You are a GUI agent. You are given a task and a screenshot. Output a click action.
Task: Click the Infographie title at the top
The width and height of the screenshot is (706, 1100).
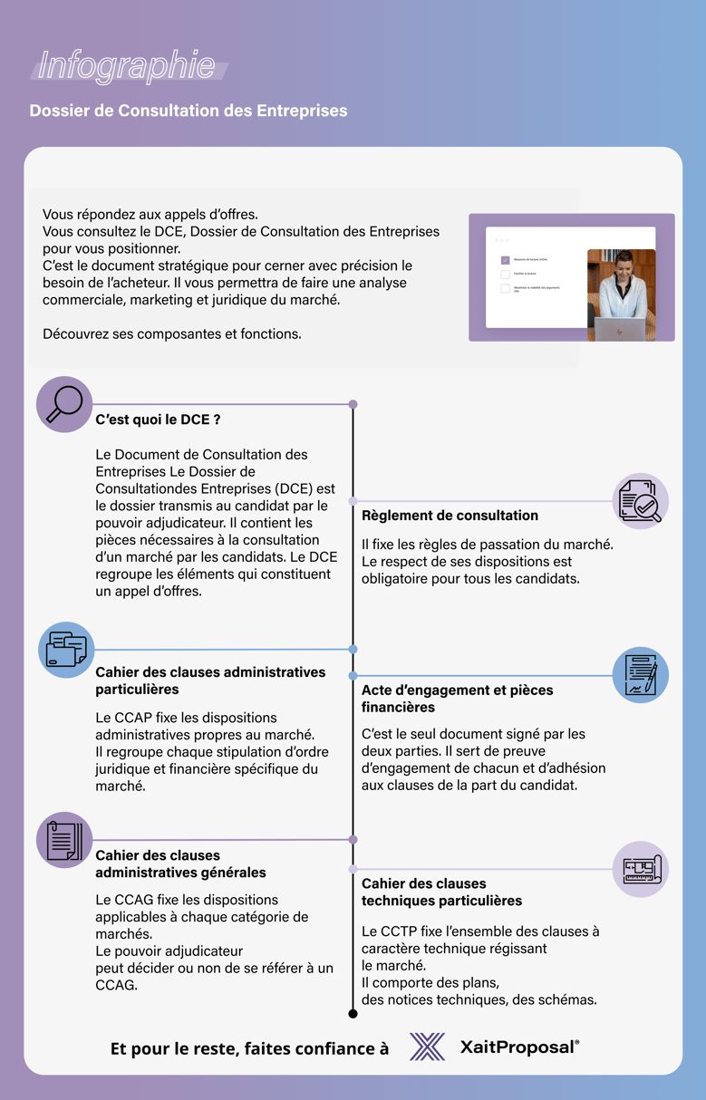pos(127,66)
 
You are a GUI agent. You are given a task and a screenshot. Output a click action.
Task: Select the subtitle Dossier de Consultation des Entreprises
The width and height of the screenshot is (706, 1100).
pos(189,111)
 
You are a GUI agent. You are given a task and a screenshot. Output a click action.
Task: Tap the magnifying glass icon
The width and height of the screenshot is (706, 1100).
pos(64,404)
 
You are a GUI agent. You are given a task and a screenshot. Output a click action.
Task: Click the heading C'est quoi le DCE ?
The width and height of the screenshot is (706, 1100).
pos(159,420)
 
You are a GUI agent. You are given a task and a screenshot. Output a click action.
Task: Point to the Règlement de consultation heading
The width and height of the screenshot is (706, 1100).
pos(450,516)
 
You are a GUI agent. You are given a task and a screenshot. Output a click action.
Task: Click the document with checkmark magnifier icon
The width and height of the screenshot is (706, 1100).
pos(641,501)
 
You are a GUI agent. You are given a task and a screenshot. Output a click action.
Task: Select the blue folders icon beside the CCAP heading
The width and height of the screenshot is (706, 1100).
pos(66,650)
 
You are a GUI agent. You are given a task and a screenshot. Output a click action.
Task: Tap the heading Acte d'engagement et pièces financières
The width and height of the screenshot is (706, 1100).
pos(457,698)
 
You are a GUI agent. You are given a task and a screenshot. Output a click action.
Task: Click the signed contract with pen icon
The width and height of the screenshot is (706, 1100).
pos(641,675)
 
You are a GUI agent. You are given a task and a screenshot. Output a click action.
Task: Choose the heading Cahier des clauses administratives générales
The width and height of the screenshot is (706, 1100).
pos(180,864)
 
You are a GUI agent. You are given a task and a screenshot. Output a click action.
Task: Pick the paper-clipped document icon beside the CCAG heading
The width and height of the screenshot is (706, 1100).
pos(64,840)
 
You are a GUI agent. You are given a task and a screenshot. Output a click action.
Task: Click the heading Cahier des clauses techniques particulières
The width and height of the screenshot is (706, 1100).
pos(441,892)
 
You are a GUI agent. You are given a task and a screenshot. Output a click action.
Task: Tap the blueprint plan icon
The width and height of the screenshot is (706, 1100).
pos(641,870)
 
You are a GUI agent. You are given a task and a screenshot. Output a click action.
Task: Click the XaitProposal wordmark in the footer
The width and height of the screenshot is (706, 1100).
pos(519,1047)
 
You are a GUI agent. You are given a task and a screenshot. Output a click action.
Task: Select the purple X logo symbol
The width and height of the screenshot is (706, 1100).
pos(427,1047)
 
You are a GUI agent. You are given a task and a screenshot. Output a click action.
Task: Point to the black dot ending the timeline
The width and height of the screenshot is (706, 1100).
pos(353,1013)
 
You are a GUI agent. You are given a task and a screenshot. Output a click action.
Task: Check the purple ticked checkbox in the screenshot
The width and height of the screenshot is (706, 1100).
pos(506,260)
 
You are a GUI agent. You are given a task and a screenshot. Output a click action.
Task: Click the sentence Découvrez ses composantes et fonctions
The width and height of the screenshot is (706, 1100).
pos(172,333)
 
